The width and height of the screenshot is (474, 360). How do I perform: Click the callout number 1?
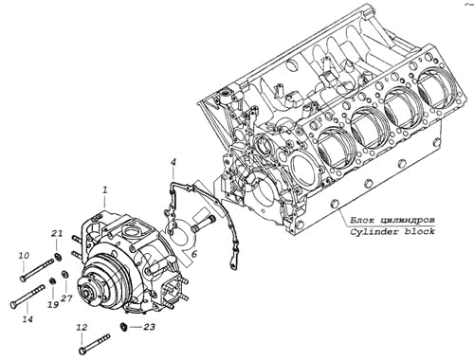click(x=105, y=189)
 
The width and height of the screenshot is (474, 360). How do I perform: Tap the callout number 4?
click(x=173, y=163)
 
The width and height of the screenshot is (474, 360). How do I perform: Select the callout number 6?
click(x=194, y=254)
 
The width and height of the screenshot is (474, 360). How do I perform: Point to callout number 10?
click(x=24, y=255)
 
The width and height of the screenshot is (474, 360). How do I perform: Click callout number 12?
click(x=82, y=328)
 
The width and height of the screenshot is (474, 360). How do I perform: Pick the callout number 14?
click(x=27, y=319)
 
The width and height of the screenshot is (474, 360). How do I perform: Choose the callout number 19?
click(x=53, y=305)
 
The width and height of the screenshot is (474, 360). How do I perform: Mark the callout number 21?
click(x=57, y=234)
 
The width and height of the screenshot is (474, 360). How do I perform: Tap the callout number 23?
click(x=149, y=327)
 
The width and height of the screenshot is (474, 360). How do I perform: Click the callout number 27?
click(x=66, y=297)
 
